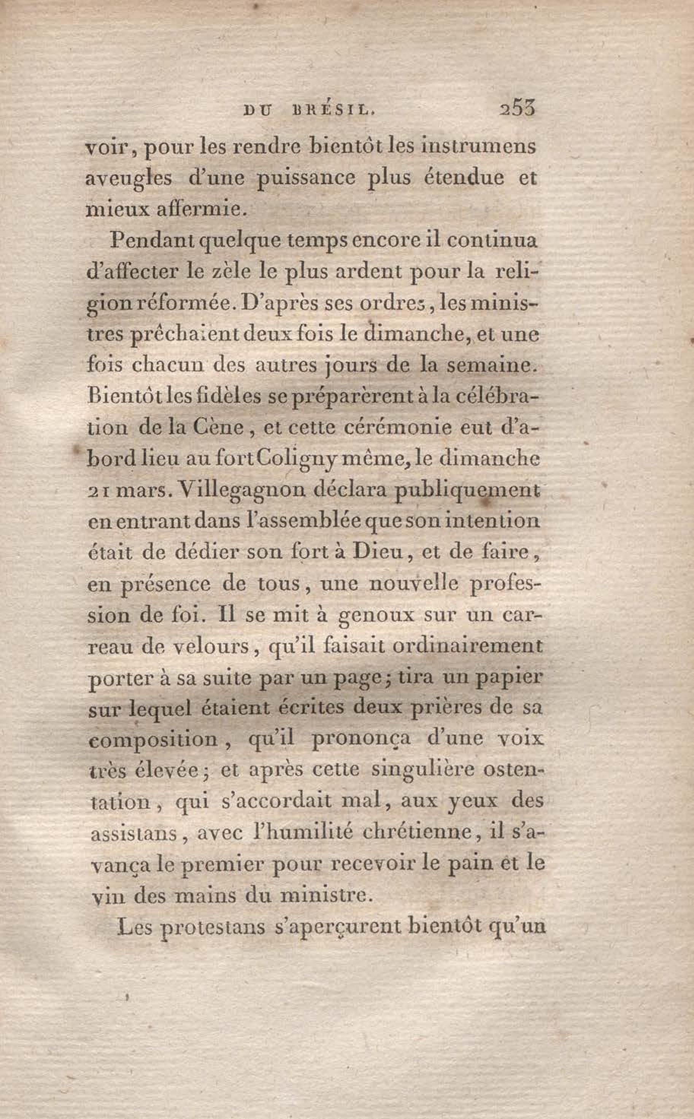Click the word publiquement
[467, 491]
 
